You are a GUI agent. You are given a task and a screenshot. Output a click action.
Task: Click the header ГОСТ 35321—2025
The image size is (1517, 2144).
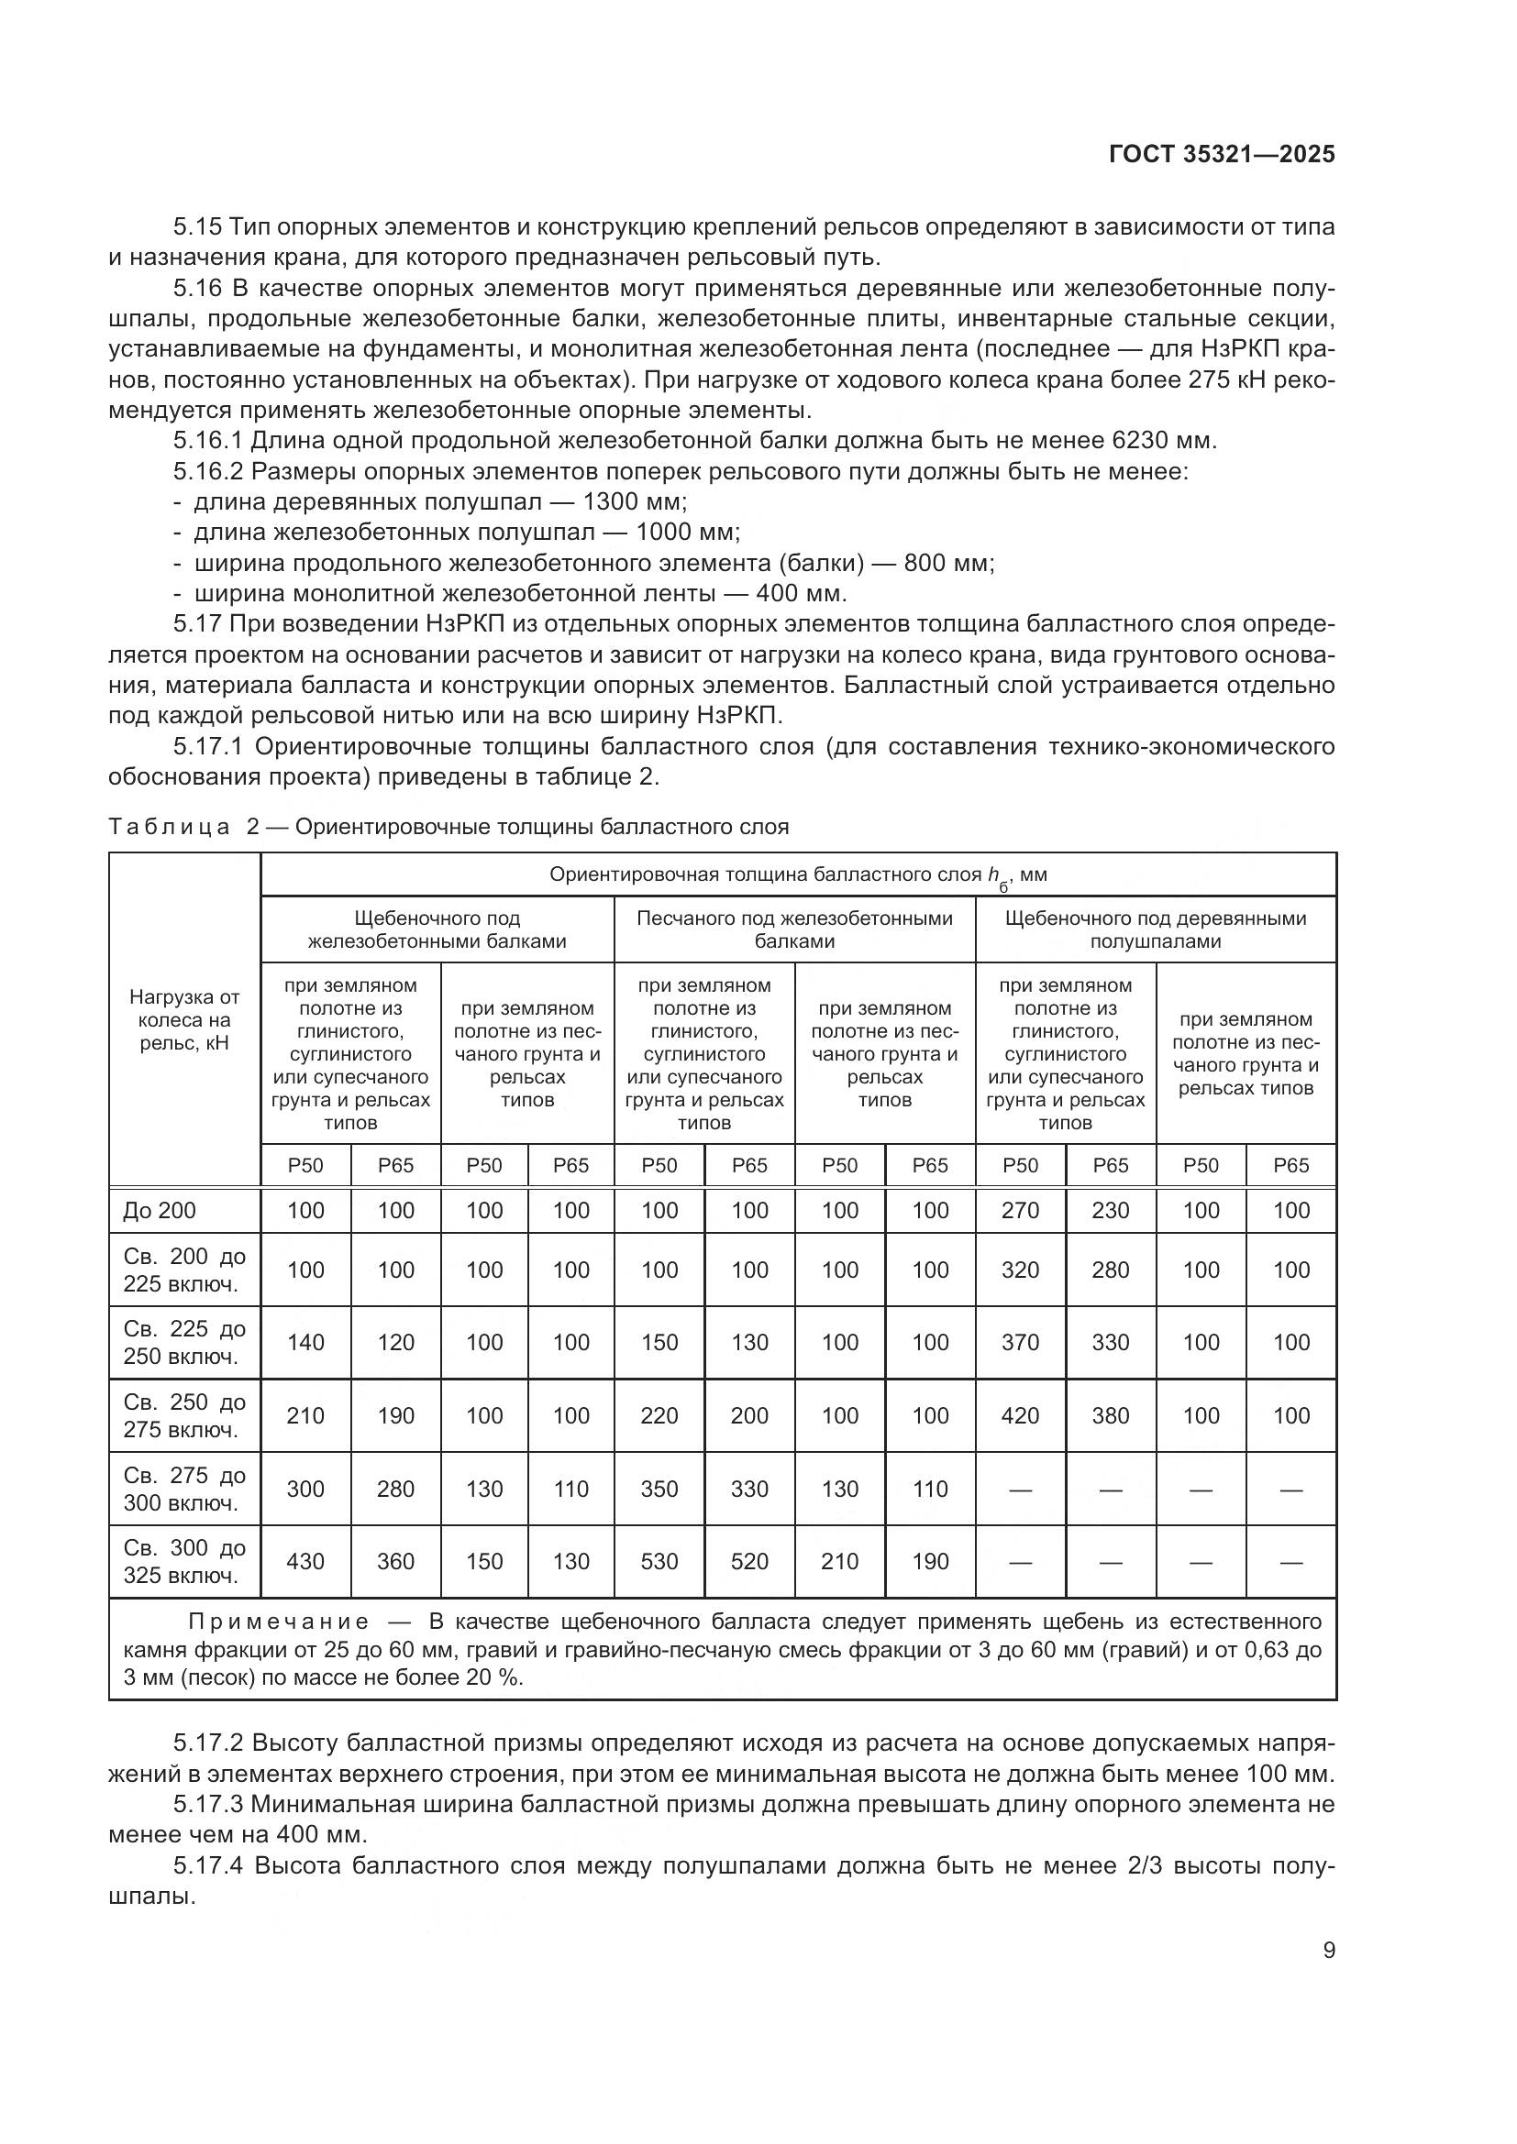tap(1222, 154)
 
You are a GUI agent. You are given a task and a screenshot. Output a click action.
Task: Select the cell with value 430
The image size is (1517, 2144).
tap(305, 1561)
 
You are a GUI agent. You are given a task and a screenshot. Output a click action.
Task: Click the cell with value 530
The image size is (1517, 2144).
tap(659, 1561)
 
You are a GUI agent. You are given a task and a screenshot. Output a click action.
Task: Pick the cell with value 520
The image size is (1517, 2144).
tap(749, 1561)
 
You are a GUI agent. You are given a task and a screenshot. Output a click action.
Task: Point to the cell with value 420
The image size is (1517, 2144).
tap(1020, 1415)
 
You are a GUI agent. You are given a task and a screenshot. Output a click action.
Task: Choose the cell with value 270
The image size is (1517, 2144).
tap(1020, 1210)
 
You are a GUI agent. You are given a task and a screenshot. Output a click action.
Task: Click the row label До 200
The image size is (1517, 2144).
tap(160, 1210)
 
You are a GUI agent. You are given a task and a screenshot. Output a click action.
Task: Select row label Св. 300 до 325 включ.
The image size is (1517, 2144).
tap(184, 1561)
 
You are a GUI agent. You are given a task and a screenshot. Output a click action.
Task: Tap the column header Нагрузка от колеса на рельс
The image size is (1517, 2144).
tap(184, 1019)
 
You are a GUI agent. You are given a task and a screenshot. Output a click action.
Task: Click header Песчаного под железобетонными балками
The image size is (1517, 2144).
tap(794, 929)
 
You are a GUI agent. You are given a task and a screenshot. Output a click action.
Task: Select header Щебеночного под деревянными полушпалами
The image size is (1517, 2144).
tap(1156, 929)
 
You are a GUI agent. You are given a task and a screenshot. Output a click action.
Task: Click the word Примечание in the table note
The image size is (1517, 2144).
tap(279, 1622)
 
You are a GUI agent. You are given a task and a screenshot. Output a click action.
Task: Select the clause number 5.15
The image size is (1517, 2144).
tap(197, 227)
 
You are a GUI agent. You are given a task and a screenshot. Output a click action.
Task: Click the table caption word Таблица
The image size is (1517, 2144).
tap(169, 827)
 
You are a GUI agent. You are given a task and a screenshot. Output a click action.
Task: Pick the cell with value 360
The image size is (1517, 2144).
tap(395, 1561)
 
